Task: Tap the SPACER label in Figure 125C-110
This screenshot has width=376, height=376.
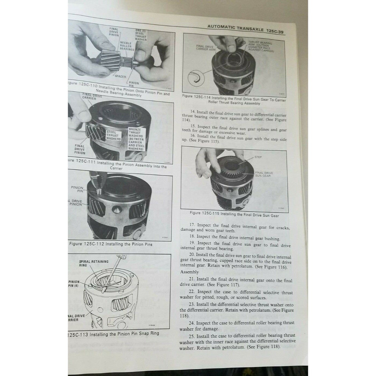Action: pos(120,76)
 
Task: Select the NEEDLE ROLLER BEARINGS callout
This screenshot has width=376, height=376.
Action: pos(127,46)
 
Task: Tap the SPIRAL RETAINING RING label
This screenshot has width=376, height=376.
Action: pos(94,263)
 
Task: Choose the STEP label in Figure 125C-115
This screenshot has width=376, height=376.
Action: pos(258,157)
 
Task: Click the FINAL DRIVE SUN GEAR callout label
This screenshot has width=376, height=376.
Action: pos(264,174)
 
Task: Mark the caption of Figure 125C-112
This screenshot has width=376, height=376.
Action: pos(111,244)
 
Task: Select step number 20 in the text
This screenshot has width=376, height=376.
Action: pos(192,255)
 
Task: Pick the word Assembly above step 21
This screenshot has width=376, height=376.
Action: pos(189,272)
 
